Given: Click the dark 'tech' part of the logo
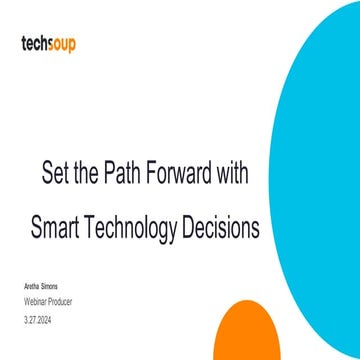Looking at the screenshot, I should click(36, 43).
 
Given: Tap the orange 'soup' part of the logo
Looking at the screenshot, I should click(63, 44).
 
